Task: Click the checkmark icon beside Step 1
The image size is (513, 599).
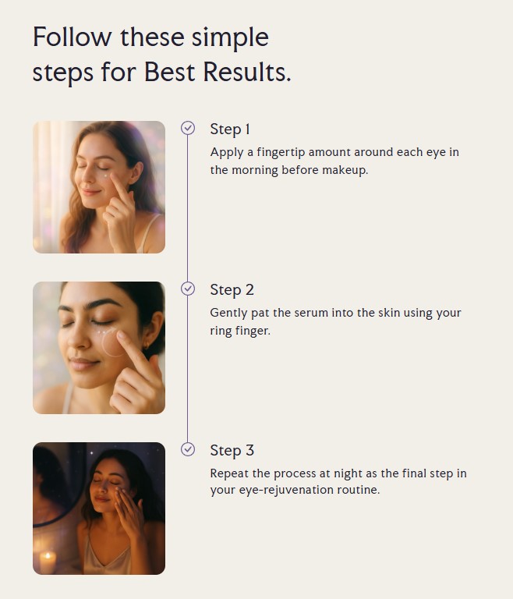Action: [188, 129]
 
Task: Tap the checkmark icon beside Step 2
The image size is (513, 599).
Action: [188, 289]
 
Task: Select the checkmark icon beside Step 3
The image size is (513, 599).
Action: [188, 449]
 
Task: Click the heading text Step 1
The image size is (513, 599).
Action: [230, 130]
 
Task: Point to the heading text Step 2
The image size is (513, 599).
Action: [232, 290]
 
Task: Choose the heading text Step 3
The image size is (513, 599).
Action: [232, 451]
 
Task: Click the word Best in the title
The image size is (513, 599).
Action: [170, 72]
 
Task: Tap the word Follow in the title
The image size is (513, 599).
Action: [73, 37]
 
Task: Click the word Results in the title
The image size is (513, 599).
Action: [247, 72]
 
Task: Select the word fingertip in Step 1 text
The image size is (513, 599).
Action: [281, 152]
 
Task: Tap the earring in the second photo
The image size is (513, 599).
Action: [146, 346]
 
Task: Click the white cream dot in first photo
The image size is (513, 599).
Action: [106, 175]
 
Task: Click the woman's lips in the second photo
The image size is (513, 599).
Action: [83, 363]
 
